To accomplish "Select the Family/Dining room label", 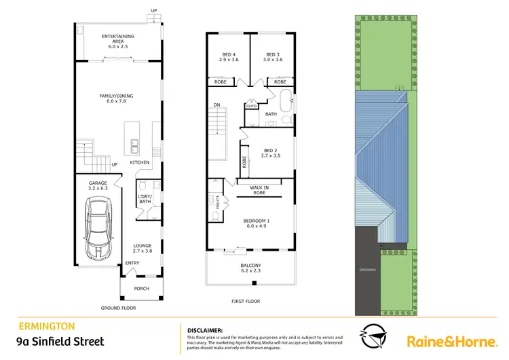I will (x=117, y=99).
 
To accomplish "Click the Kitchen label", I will (x=139, y=163).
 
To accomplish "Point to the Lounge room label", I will (x=142, y=248).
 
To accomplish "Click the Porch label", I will (x=141, y=289).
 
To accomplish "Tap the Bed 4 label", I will (x=229, y=57).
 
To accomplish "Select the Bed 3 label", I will (x=272, y=57).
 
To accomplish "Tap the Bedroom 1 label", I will (x=257, y=223).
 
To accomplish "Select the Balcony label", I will (x=250, y=268).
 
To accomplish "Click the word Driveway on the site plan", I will (x=367, y=270).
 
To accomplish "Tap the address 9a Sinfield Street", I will (x=60, y=342).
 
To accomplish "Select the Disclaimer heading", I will (x=204, y=329).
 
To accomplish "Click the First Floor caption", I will (x=246, y=302).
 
